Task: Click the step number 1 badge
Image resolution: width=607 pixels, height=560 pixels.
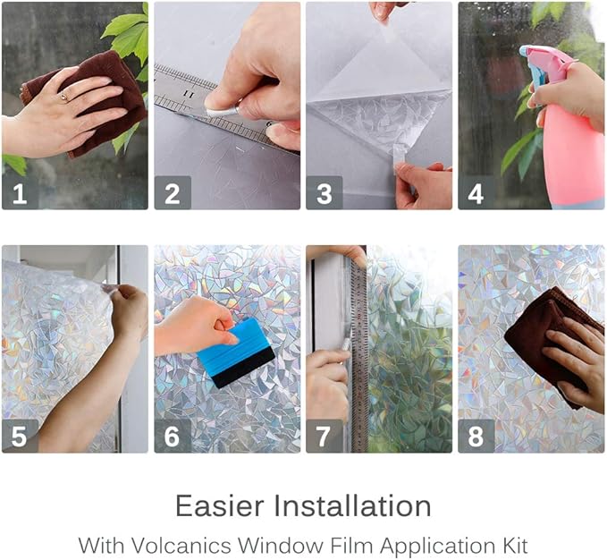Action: click(20, 192)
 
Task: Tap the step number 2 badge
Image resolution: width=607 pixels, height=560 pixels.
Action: click(172, 192)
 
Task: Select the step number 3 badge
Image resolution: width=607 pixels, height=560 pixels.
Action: click(324, 192)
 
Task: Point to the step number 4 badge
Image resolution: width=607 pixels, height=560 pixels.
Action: click(476, 192)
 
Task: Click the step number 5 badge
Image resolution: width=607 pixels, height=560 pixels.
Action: click(20, 436)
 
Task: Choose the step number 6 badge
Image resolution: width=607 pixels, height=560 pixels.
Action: click(172, 436)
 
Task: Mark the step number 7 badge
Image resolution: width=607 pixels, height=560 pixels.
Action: click(324, 436)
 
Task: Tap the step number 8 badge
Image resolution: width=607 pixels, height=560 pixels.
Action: click(476, 436)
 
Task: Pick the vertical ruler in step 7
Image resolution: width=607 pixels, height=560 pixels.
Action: click(358, 358)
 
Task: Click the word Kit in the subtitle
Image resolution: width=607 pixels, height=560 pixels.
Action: click(513, 544)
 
